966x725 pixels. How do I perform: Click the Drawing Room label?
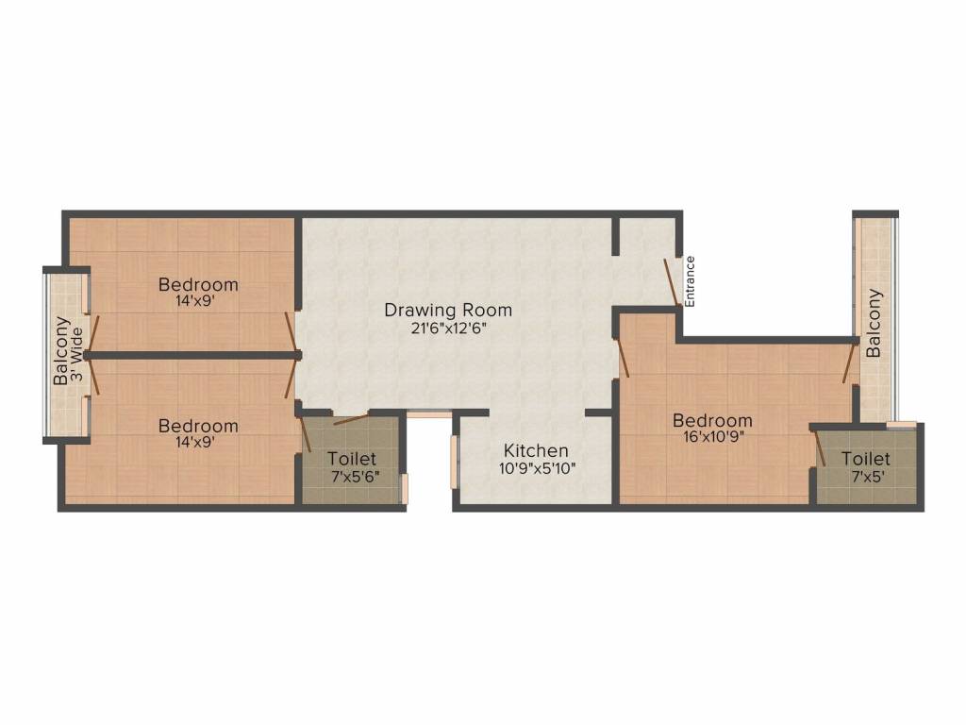(x=448, y=310)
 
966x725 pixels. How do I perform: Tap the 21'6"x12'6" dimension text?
(x=448, y=329)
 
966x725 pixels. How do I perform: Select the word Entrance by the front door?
(x=690, y=281)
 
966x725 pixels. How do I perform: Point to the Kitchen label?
(x=536, y=450)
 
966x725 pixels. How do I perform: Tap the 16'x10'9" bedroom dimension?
(x=712, y=438)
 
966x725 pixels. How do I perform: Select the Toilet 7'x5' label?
(x=866, y=460)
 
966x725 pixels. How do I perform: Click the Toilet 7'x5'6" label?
(x=352, y=460)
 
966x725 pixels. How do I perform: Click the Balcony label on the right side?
(x=874, y=322)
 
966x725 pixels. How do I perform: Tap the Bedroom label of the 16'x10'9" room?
(x=712, y=420)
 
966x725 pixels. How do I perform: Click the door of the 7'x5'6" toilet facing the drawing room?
(x=351, y=419)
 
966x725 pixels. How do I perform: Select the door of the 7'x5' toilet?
(x=819, y=447)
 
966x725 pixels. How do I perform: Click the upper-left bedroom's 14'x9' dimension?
(x=198, y=302)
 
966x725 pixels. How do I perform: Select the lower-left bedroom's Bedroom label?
(x=198, y=426)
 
